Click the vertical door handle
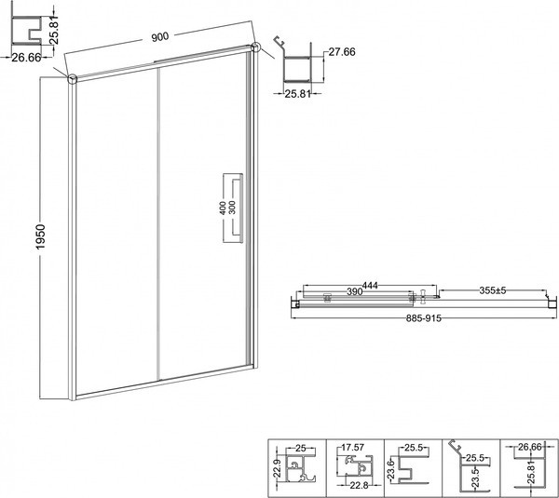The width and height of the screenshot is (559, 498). [239, 209]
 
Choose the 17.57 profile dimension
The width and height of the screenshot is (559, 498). [352, 447]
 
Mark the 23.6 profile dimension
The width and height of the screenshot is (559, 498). [393, 465]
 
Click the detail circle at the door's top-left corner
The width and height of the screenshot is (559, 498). [73, 78]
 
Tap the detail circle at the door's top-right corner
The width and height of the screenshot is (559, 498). [254, 47]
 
